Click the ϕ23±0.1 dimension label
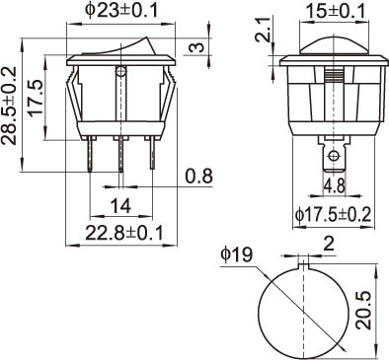[x=121, y=10]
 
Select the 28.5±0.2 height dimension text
[x=9, y=106]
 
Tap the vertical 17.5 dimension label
[x=36, y=98]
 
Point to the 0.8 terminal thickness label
[x=198, y=177]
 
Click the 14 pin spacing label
[x=120, y=206]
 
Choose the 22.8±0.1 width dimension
[x=124, y=233]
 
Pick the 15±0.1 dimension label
[x=337, y=12]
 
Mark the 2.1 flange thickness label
[x=265, y=31]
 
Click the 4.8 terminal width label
[x=335, y=186]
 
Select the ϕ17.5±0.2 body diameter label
[x=333, y=215]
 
